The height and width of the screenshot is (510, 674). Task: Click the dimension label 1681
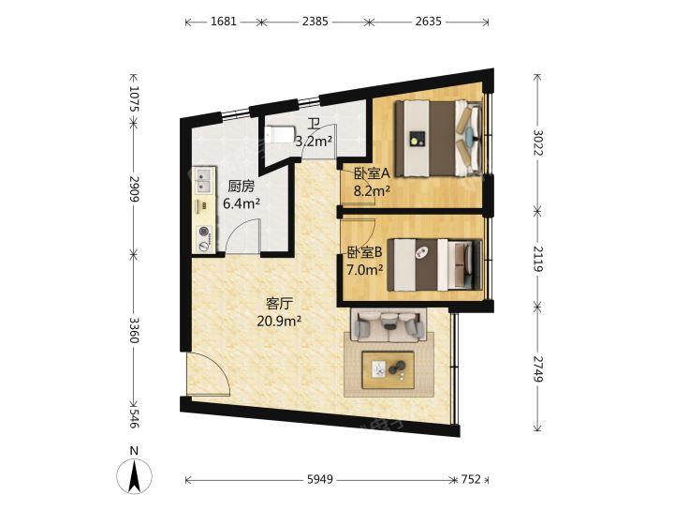224,22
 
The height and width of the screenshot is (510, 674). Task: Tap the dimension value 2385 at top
315,22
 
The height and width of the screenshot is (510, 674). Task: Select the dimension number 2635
428,22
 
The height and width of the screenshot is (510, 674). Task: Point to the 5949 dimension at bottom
320,479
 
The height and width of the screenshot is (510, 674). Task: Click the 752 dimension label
471,479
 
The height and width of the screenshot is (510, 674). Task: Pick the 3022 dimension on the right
537,142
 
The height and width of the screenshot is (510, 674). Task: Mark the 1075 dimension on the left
134,99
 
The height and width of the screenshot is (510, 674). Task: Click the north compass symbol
135,472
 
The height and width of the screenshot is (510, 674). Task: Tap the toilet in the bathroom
279,134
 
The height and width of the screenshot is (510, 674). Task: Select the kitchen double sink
203,181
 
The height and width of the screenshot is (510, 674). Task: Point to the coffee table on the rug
388,370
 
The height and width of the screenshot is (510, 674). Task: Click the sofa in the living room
389,324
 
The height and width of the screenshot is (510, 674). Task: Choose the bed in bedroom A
438,139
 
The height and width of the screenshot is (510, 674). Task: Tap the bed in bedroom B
434,265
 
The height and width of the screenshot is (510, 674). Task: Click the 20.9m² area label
279,321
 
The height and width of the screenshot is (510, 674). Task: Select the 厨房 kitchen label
242,187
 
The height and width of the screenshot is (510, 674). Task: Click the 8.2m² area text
372,189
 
